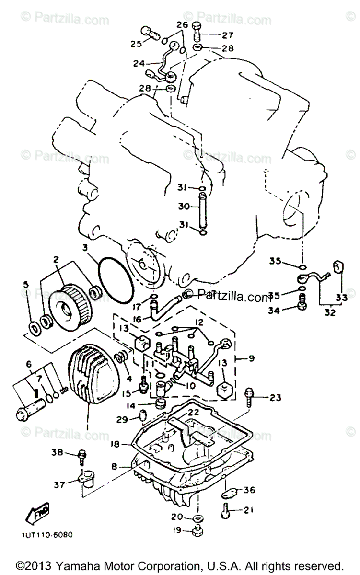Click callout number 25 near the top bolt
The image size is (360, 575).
[x=136, y=44]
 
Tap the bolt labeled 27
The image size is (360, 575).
[x=198, y=33]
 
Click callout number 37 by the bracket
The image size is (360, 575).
[x=59, y=484]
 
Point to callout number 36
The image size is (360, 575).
[x=249, y=490]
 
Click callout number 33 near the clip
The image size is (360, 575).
[x=341, y=298]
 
